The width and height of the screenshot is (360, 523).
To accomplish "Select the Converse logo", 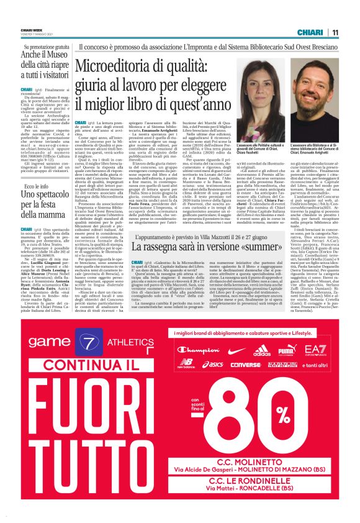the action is coord(245,365).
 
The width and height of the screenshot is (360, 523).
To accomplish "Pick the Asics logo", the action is coord(213,365).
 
